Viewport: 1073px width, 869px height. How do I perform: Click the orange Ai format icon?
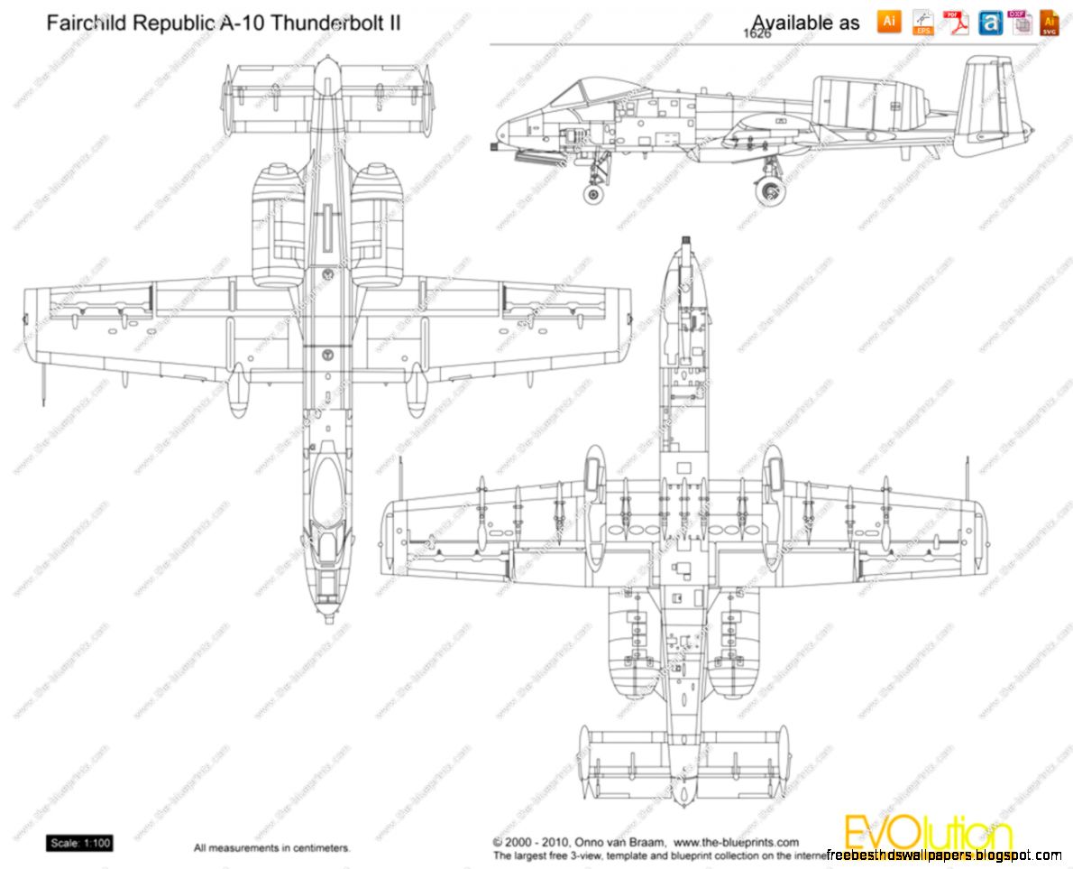point(888,22)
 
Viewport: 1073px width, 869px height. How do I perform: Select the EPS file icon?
point(922,22)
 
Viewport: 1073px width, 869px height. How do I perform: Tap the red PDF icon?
point(955,22)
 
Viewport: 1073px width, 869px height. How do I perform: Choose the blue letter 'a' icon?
point(990,23)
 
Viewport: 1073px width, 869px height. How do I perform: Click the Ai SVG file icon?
point(1050,23)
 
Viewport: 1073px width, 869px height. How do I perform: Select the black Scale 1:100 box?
point(80,844)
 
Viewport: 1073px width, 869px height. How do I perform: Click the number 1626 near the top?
point(757,33)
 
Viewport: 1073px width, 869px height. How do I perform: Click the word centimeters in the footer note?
point(317,848)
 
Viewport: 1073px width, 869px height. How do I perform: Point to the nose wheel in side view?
point(593,192)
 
